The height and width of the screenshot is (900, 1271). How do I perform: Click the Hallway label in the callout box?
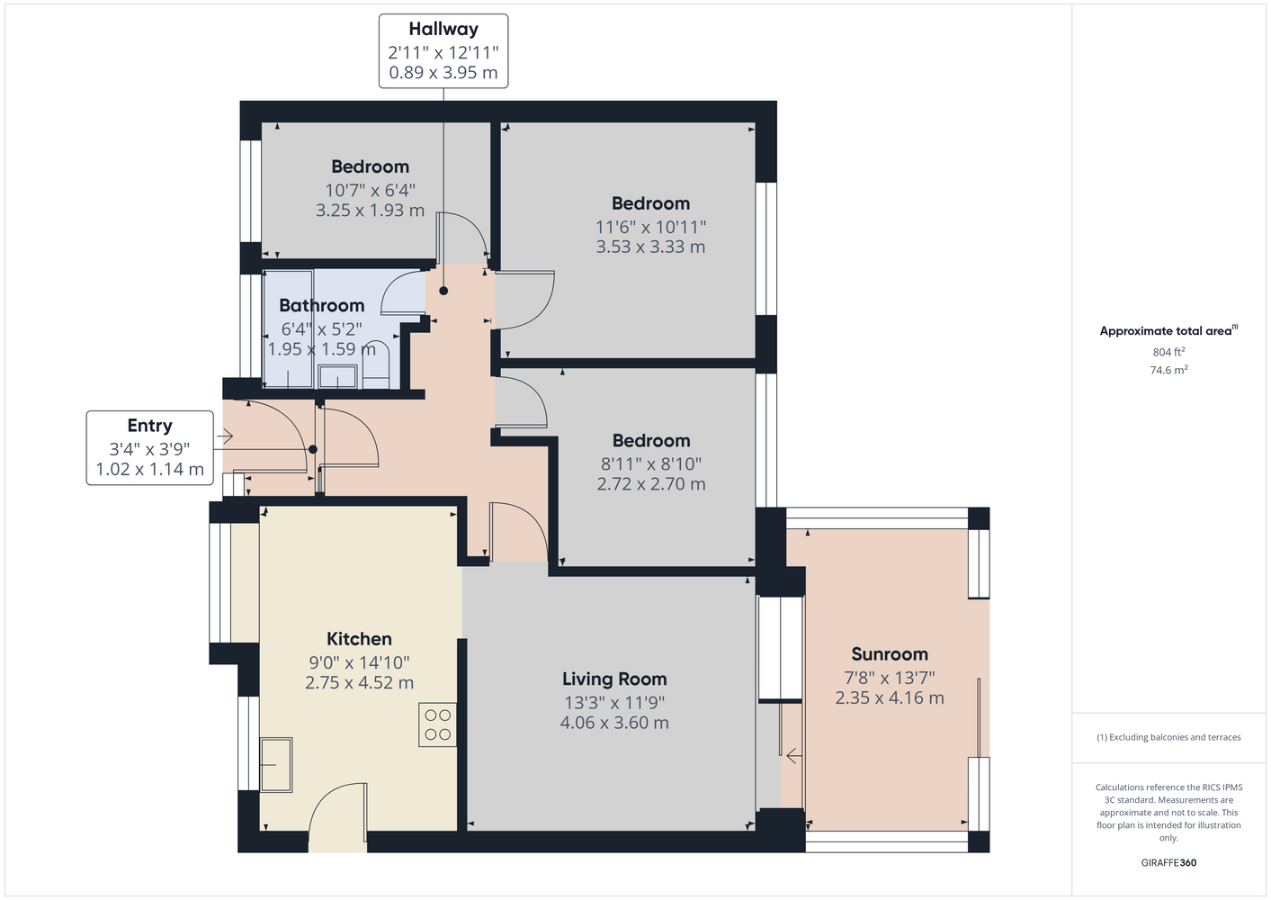pos(443,29)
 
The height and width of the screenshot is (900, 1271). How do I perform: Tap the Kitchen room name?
pos(359,639)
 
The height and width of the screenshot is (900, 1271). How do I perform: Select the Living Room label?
pos(614,679)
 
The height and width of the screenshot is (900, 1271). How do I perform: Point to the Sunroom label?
pos(890,654)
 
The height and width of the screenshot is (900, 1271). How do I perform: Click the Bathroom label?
pos(322,305)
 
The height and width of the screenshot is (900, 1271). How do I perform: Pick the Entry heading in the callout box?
pos(150,426)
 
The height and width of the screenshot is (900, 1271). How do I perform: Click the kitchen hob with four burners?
pos(437,724)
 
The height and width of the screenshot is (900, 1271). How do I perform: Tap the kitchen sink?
pos(276,764)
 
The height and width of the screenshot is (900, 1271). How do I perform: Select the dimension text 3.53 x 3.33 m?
pos(651,247)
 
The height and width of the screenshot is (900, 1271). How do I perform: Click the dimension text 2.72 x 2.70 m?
pos(651,484)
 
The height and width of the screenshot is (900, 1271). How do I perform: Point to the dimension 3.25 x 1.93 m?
pos(370,211)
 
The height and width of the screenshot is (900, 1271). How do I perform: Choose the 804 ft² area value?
pos(1168,352)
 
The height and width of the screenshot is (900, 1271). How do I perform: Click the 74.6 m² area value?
pos(1168,370)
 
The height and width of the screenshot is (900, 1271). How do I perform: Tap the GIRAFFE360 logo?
pos(1168,862)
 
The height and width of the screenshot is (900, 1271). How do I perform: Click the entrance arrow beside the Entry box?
pos(225,436)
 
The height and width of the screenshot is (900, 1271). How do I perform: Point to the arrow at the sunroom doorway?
pos(793,756)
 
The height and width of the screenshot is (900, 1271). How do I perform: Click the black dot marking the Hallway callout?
pos(443,291)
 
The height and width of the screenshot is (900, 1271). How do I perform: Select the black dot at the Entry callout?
pos(313,450)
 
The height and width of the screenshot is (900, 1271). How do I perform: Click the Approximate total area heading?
pos(1168,330)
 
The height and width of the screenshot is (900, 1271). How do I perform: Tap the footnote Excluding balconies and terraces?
pos(1168,737)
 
